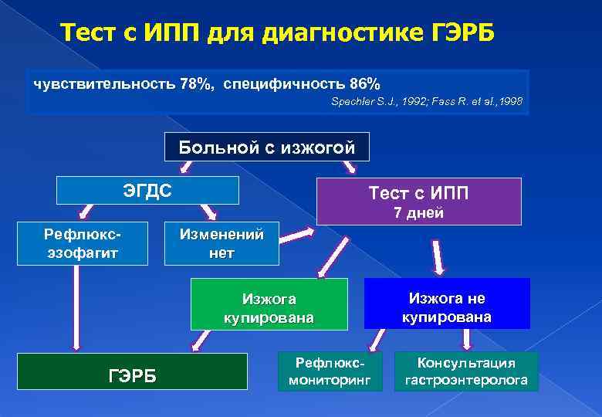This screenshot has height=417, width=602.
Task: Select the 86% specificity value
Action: pyautogui.click(x=363, y=83)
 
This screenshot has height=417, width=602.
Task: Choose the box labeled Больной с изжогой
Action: pyautogui.click(x=267, y=147)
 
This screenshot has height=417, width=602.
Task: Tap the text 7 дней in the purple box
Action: pyautogui.click(x=418, y=214)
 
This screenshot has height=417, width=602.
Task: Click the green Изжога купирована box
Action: pyautogui.click(x=268, y=307)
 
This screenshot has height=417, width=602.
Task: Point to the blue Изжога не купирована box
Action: pyautogui.click(x=447, y=307)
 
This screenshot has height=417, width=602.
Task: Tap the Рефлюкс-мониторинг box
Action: pyautogui.click(x=330, y=371)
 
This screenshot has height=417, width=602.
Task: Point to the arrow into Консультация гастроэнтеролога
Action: pyautogui.click(x=466, y=339)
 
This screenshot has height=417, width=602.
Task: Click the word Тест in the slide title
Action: pyautogui.click(x=90, y=34)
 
